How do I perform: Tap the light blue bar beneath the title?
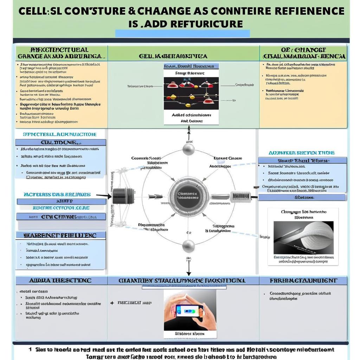click(x=182, y=33)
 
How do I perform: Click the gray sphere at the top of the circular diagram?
click(x=188, y=149)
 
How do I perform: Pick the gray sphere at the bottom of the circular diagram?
click(x=188, y=246)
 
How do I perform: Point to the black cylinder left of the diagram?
click(x=123, y=196)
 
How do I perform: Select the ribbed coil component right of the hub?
click(x=240, y=197)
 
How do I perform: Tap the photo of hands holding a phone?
click(x=190, y=310)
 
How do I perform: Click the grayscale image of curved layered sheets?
click(x=303, y=238)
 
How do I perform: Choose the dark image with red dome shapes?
click(x=191, y=93)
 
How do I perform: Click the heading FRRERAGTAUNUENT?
click(x=303, y=281)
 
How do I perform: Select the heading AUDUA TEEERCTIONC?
click(x=60, y=281)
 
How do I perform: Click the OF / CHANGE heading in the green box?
click(x=303, y=53)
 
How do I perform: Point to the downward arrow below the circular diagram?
click(x=189, y=271)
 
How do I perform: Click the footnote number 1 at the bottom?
click(x=30, y=349)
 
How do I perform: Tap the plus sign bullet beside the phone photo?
click(x=112, y=302)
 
